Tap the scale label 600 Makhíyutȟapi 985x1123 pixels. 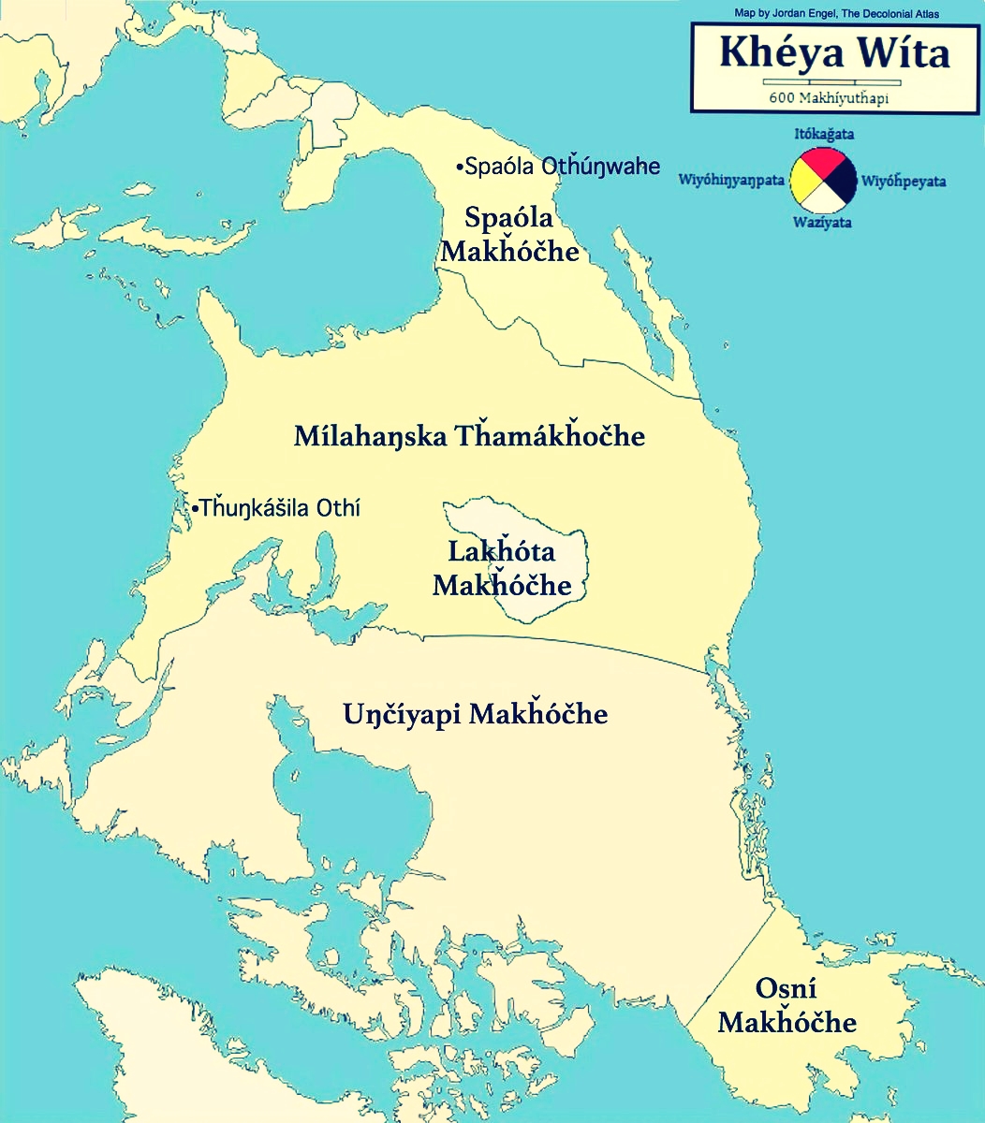829,98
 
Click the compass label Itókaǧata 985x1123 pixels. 824,134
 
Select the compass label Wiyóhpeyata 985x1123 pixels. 904,181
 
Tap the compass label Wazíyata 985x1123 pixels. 822,223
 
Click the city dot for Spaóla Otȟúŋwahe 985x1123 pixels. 460,168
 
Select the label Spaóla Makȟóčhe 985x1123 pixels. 510,235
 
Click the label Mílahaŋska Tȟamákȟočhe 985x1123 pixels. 469,436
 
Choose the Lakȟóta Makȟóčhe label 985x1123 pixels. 502,568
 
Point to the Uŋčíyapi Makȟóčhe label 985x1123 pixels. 475,715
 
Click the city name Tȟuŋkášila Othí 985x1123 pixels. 279,508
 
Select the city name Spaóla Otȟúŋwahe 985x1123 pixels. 563,168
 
